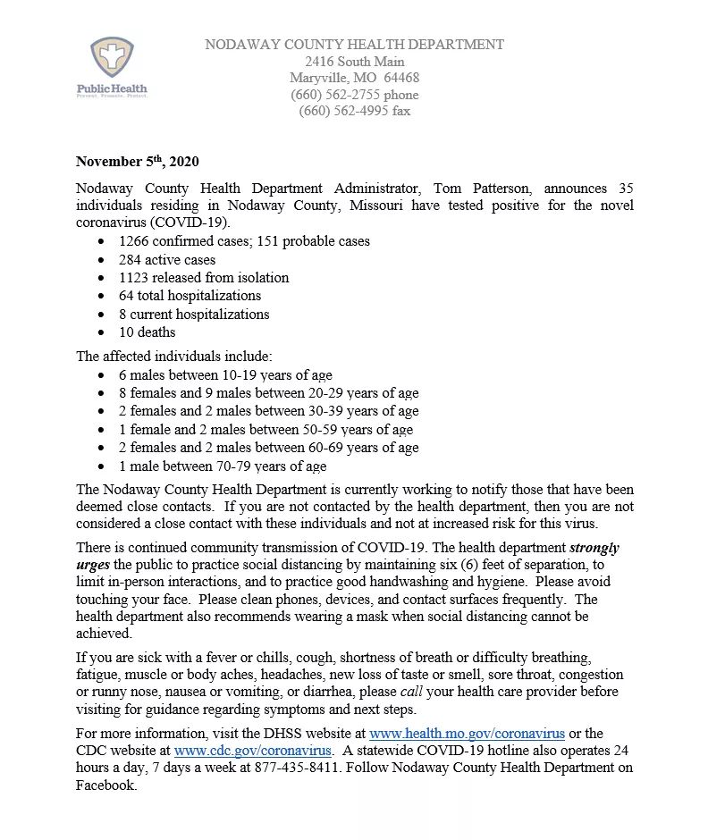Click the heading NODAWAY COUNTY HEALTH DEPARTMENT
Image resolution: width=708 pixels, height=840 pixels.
(354, 45)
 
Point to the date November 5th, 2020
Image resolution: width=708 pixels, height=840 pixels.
(137, 162)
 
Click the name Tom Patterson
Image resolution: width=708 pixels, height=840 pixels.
(486, 189)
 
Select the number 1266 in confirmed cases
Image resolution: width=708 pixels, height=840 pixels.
(134, 241)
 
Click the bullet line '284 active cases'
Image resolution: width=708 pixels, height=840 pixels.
(167, 259)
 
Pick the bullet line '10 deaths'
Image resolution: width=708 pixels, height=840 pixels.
(147, 332)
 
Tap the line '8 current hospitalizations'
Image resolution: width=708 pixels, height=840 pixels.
(194, 314)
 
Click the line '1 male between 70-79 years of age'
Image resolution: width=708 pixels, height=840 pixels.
(223, 466)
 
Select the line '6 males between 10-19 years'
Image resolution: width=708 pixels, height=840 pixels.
(225, 375)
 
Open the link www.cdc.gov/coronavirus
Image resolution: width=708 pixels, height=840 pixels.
(253, 751)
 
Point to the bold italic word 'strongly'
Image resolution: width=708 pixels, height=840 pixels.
(594, 548)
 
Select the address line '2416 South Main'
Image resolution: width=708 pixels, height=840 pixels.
(354, 62)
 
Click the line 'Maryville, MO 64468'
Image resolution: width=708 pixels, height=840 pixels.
(354, 78)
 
